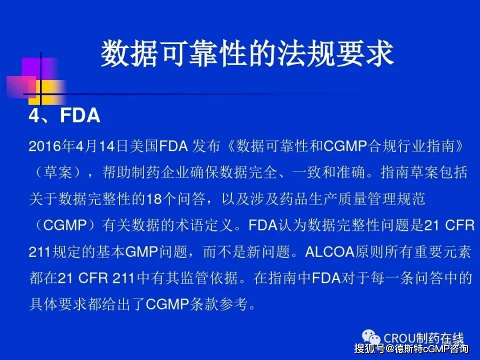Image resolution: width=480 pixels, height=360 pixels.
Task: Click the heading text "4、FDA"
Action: coord(64,115)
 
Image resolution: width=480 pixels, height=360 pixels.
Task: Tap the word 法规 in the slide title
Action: coord(306,53)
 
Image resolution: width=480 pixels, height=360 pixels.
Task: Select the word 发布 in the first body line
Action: coord(206,146)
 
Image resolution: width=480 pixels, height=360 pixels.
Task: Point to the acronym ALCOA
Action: coord(329,252)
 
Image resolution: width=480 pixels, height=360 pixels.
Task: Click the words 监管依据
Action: coord(209,278)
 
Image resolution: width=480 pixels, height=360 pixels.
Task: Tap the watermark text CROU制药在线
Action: coord(423,338)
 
